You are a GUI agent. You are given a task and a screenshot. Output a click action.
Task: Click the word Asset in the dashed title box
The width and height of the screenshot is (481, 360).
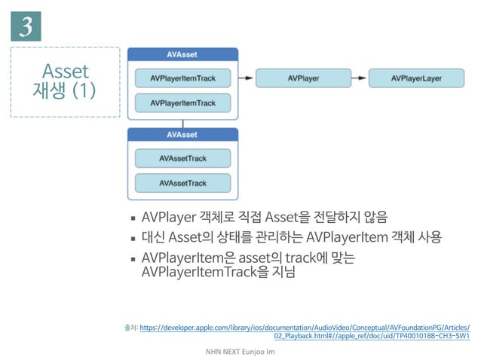[66, 71]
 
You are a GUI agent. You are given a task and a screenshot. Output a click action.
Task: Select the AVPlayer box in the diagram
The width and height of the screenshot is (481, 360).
[303, 78]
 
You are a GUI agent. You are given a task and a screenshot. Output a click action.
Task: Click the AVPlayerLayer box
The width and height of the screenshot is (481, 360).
[415, 78]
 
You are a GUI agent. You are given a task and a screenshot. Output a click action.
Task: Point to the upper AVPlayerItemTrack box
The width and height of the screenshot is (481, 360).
[182, 78]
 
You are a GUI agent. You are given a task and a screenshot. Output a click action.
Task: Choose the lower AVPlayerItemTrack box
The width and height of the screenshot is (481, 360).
[182, 102]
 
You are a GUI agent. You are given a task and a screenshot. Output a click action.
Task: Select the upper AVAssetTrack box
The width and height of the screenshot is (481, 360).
[182, 158]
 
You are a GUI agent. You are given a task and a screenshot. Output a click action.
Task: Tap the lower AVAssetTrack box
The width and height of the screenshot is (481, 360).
[182, 183]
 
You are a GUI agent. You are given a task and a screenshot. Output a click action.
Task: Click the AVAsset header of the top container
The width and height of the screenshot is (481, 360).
[182, 54]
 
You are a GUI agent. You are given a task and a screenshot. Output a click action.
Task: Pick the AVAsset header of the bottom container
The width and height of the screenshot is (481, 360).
[182, 134]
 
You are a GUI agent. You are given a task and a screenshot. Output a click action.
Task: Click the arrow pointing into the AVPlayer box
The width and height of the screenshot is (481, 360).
[247, 78]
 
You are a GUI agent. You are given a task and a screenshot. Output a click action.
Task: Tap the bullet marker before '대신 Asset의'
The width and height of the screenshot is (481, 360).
[133, 239]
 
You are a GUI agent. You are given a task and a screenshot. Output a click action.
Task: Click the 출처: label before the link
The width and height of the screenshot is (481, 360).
[130, 327]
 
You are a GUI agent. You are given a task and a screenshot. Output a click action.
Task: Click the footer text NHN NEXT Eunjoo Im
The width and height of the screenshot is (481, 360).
[240, 352]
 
